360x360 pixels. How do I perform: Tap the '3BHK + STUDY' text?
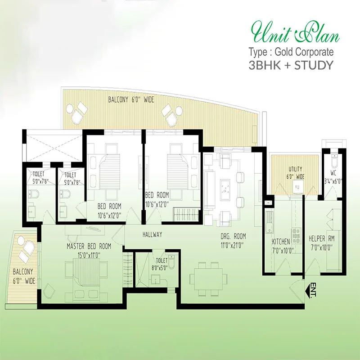pyautogui.click(x=291, y=65)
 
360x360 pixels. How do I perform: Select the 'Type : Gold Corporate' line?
pyautogui.click(x=291, y=52)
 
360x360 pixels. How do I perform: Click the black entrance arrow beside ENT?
pyautogui.click(x=308, y=290)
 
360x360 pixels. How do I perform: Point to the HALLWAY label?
pyautogui.click(x=152, y=234)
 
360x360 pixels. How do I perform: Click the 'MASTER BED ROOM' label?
pyautogui.click(x=89, y=246)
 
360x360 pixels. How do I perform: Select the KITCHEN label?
pyautogui.click(x=281, y=242)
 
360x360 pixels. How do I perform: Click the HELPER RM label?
pyautogui.click(x=321, y=239)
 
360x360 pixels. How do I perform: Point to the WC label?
pyautogui.click(x=333, y=173)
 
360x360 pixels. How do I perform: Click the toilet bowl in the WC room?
pyautogui.click(x=334, y=161)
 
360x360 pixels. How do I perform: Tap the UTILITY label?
pyautogui.click(x=295, y=169)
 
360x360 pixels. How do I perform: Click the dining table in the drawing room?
pyautogui.click(x=208, y=279)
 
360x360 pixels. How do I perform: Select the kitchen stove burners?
pyautogui.click(x=296, y=235)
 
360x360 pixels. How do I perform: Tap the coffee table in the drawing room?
pyautogui.click(x=226, y=186)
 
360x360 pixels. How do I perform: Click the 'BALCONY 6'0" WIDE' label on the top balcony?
pyautogui.click(x=131, y=100)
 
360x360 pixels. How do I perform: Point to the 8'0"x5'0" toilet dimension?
pyautogui.click(x=160, y=267)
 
